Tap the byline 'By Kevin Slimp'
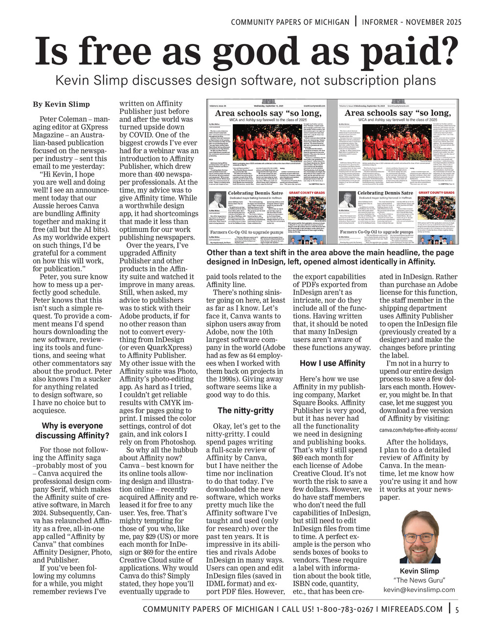tap(61, 104)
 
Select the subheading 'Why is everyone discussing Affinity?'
tap(72, 430)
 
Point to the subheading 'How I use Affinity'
tap(333, 363)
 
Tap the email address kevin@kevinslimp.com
tap(419, 589)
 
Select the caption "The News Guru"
tap(419, 581)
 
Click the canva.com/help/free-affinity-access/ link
tap(418, 430)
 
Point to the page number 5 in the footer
tap(457, 609)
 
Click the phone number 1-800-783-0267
tap(345, 609)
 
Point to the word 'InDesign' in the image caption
tap(254, 262)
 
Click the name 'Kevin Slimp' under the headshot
tap(419, 571)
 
